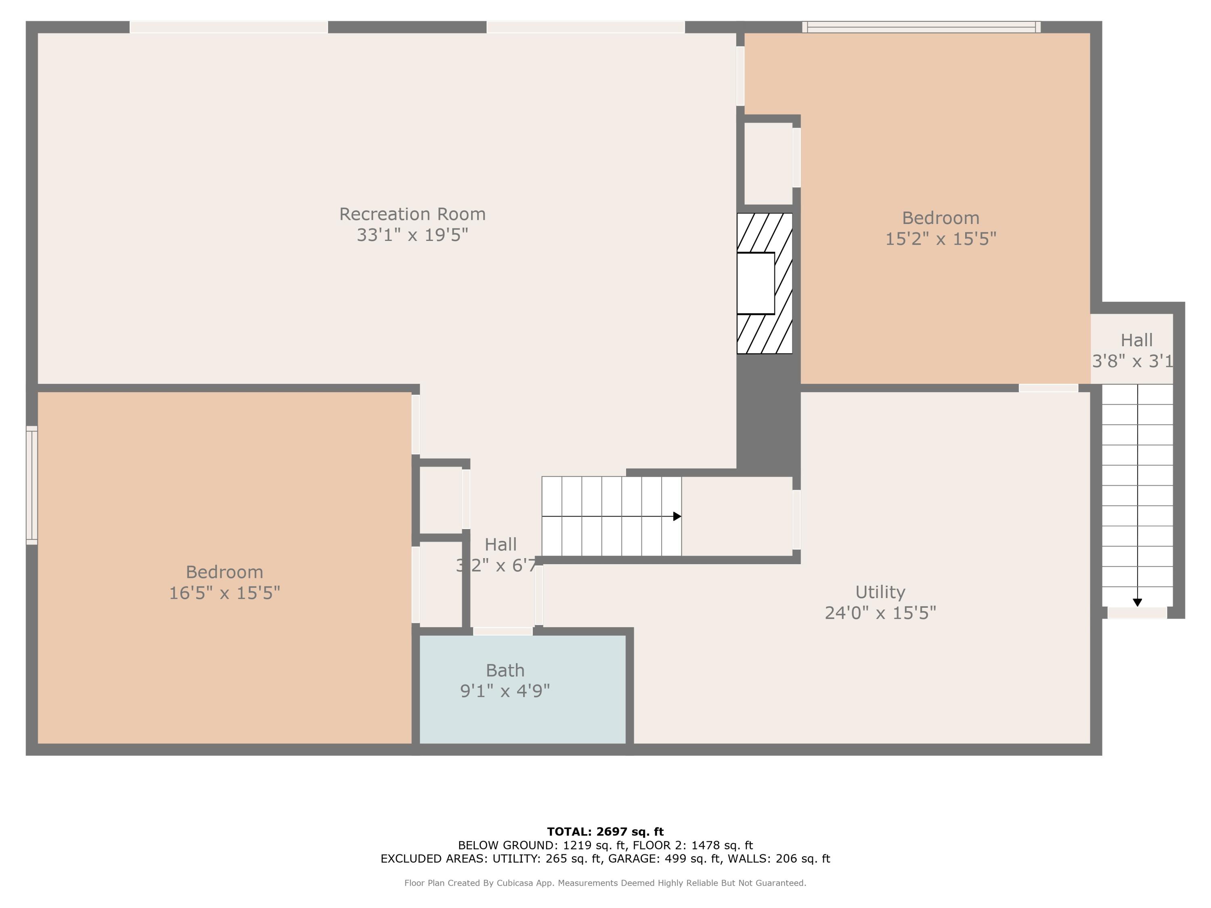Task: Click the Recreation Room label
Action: pos(412,214)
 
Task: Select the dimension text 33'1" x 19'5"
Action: pos(412,235)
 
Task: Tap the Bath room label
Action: pos(505,670)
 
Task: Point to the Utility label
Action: pos(880,592)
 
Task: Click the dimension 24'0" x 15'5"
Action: pos(880,613)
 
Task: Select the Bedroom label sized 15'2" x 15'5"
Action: pos(941,218)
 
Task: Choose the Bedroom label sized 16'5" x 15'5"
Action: pos(224,572)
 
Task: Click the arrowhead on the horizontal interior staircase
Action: pos(677,516)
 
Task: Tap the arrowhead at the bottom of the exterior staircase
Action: pos(1137,603)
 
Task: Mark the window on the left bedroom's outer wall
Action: pos(32,485)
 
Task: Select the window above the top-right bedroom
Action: pos(922,27)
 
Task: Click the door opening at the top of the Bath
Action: pos(503,631)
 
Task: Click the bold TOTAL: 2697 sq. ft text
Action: pos(605,832)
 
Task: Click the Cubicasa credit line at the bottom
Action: pos(605,883)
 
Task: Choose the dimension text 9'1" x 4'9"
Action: pos(505,691)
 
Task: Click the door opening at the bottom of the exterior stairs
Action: pos(1137,613)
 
